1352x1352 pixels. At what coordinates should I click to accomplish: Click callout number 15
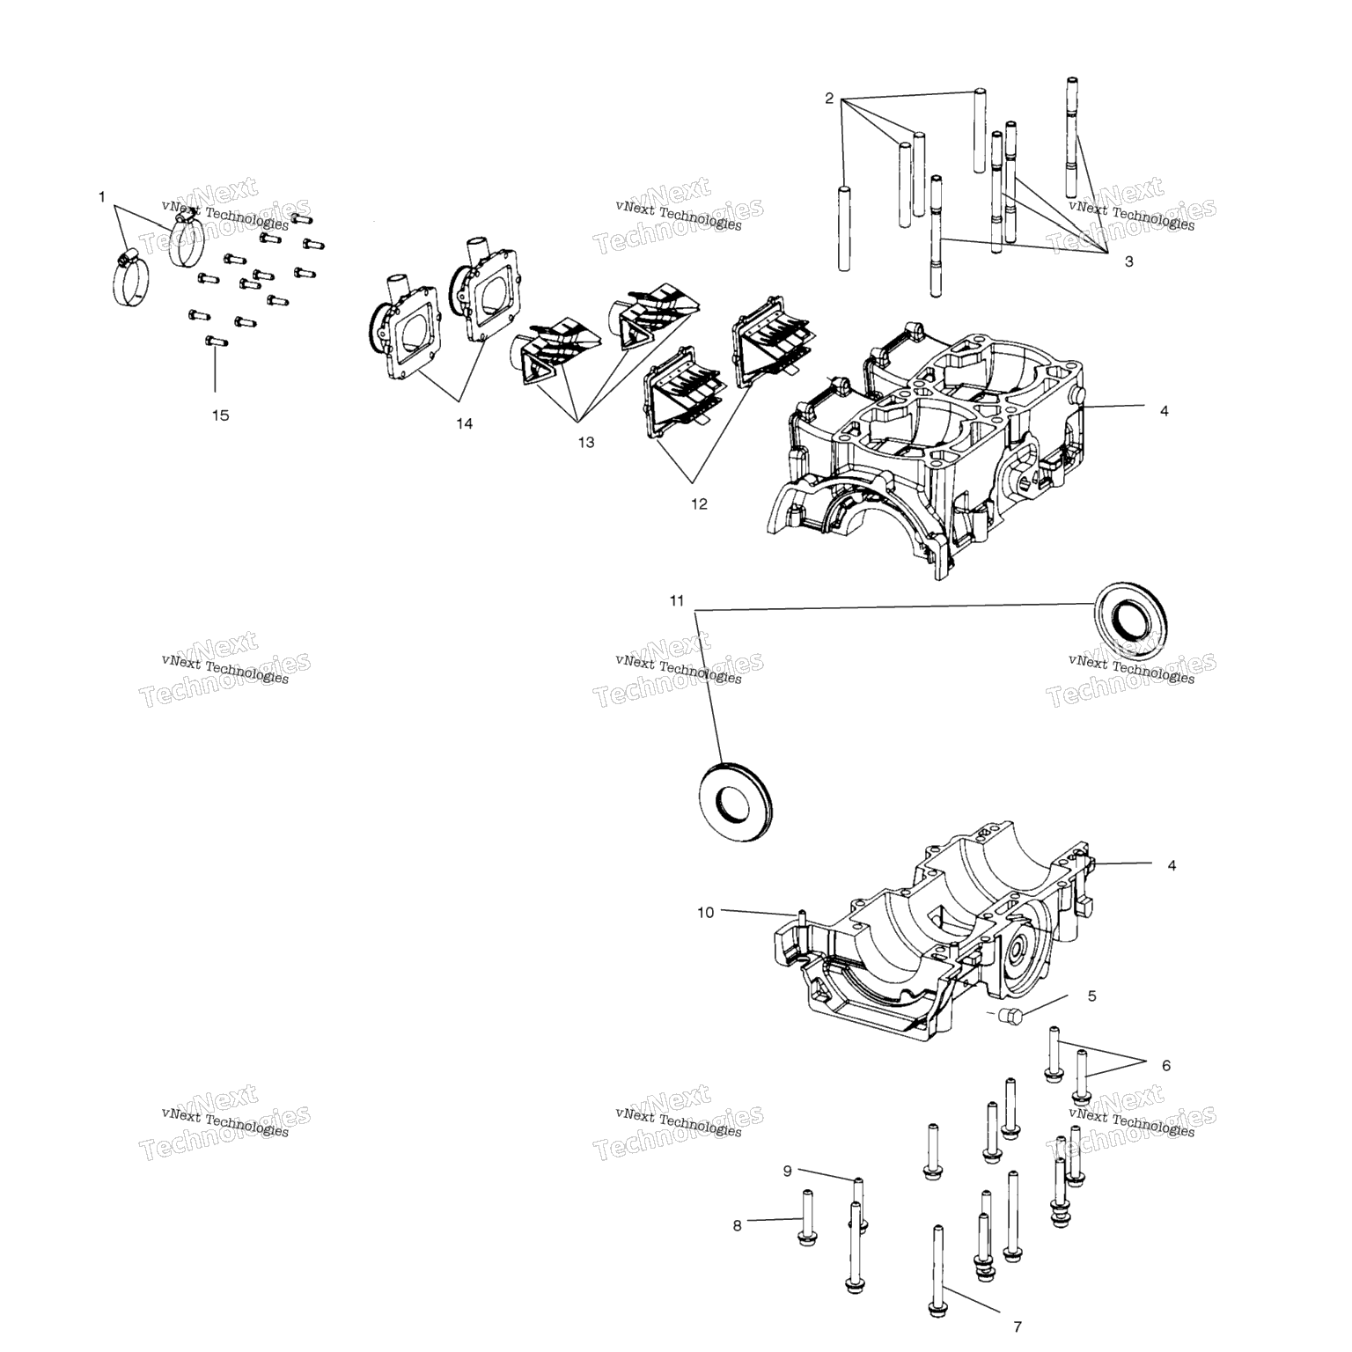(220, 415)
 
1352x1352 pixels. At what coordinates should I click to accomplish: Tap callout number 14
(464, 424)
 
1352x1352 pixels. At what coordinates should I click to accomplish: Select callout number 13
(586, 443)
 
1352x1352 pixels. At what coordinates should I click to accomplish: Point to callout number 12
(699, 504)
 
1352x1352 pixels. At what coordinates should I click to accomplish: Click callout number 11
(676, 601)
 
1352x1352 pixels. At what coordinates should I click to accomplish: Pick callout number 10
(706, 913)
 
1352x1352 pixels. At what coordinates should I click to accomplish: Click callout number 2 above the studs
(829, 99)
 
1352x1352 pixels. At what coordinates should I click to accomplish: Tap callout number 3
(1129, 262)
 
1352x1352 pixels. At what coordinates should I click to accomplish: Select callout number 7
(1018, 1327)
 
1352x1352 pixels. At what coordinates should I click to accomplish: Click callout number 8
(738, 1225)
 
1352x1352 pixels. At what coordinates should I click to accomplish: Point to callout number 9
(788, 1171)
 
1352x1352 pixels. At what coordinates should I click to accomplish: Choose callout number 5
(1092, 996)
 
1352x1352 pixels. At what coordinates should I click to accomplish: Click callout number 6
(1166, 1066)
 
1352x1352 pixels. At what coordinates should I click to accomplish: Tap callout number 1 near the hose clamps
(102, 197)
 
